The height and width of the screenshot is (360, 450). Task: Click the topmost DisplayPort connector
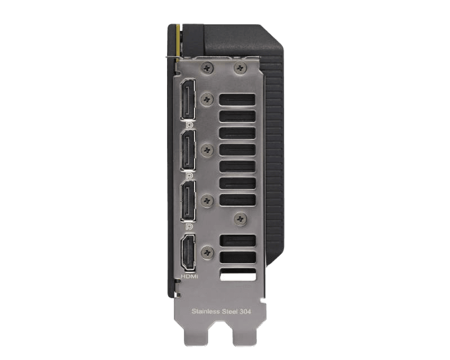tap(188, 100)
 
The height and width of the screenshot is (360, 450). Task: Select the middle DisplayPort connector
tap(188, 150)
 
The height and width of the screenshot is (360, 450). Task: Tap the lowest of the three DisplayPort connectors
tap(188, 201)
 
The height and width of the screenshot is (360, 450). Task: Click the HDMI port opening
tap(188, 253)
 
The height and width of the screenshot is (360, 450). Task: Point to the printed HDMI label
tap(190, 276)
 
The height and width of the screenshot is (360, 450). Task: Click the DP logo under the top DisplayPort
tap(189, 125)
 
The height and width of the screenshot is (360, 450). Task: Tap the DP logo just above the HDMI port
tap(189, 227)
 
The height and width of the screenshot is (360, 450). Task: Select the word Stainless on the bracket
tap(205, 311)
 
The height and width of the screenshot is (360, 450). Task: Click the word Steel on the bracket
tap(229, 311)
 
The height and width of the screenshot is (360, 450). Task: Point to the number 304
tap(245, 311)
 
